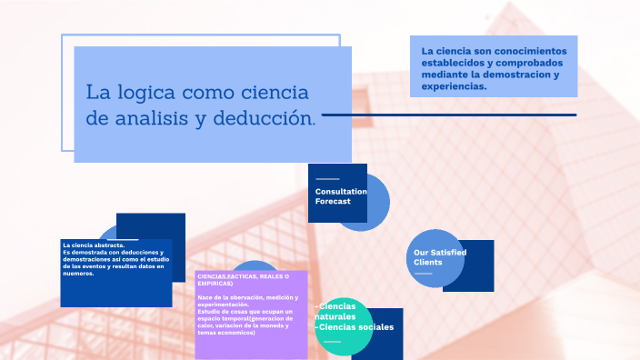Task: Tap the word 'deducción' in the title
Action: pyautogui.click(x=268, y=118)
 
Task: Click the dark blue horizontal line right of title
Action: pyautogui.click(x=449, y=115)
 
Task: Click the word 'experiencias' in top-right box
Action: pyautogui.click(x=453, y=88)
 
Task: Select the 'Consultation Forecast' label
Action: pyautogui.click(x=340, y=196)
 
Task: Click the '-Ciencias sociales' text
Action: pyautogui.click(x=354, y=327)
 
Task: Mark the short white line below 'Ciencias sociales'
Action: pyautogui.click(x=332, y=342)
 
